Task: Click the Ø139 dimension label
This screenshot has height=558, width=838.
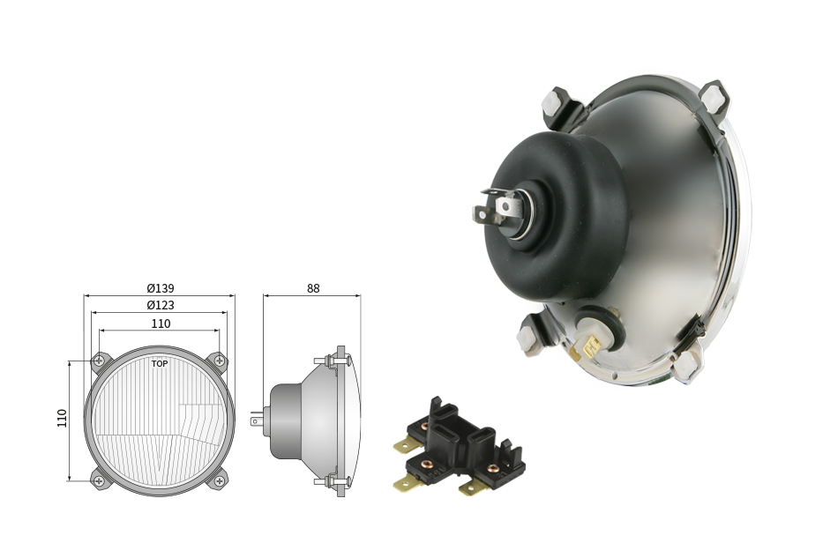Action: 161,288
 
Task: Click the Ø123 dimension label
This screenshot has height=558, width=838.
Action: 161,305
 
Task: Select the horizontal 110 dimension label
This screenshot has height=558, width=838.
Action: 161,324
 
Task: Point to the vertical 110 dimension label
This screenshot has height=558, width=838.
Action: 62,418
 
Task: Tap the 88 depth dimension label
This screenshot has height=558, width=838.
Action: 313,288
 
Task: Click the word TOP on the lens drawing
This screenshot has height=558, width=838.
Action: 160,364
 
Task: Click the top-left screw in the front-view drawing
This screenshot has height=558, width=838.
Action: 99,361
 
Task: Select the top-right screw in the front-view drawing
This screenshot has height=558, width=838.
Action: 219,361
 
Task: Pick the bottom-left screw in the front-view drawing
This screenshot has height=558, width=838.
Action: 99,481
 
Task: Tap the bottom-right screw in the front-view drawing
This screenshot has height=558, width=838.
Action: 219,481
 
